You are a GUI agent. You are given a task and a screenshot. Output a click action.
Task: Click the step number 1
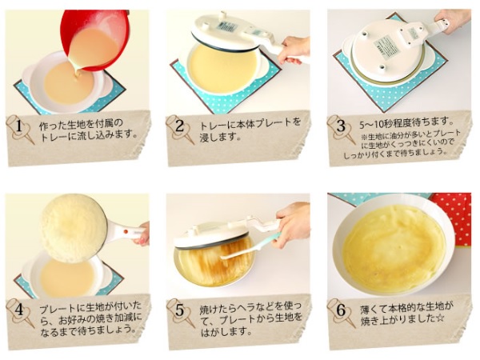click(x=19, y=126)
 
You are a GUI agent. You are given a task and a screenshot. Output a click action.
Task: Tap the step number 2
click(x=179, y=126)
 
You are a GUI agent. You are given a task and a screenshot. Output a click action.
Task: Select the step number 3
click(x=341, y=126)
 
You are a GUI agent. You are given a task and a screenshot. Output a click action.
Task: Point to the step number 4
click(x=19, y=310)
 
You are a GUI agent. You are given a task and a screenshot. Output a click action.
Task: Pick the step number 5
click(x=180, y=310)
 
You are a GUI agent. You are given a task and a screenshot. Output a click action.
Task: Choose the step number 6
click(x=341, y=310)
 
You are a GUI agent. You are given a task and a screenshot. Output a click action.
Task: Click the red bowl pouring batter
click(x=95, y=40)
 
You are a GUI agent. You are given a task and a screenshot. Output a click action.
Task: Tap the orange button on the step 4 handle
click(x=126, y=232)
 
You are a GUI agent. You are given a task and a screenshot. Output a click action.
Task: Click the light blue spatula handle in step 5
click(x=270, y=239)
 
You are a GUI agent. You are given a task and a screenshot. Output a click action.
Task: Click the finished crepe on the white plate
click(x=394, y=246)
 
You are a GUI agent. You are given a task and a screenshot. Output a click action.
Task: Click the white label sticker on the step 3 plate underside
click(x=386, y=46)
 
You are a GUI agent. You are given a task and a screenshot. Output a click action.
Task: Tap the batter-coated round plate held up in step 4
click(x=74, y=228)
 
